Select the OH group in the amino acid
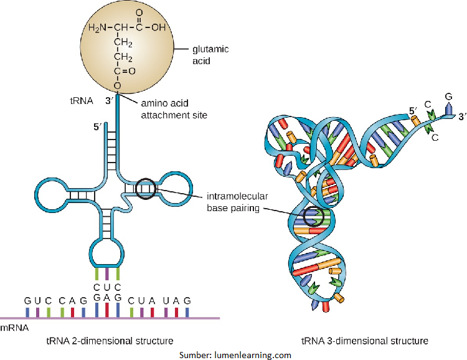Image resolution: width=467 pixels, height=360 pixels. click(x=158, y=28)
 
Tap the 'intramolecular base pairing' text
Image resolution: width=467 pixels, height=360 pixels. click(x=233, y=202)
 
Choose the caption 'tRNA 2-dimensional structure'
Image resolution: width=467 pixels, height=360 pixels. click(x=110, y=341)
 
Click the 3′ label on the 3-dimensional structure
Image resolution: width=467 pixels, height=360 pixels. click(x=461, y=115)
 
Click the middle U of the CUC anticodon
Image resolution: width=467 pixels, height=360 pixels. click(x=106, y=287)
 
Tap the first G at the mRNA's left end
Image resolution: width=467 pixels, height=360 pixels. click(x=27, y=300)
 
